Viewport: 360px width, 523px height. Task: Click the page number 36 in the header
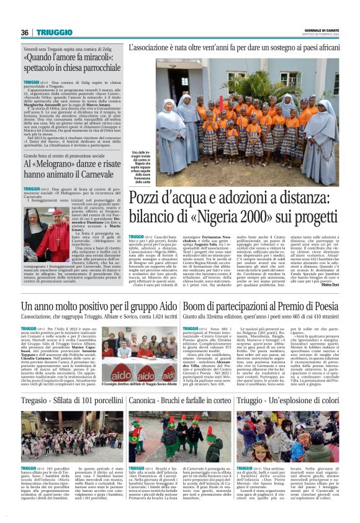(24, 33)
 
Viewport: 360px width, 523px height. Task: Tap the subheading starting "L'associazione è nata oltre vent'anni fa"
(233, 47)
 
